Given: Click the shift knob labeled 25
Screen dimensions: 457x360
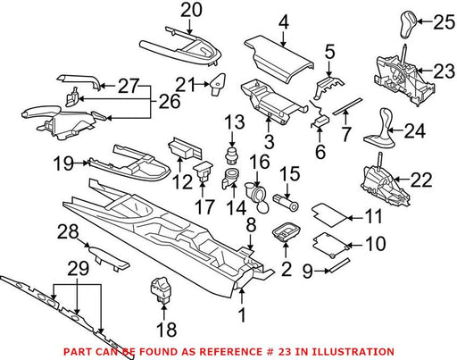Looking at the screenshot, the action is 408,25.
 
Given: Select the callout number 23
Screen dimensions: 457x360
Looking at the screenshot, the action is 444,71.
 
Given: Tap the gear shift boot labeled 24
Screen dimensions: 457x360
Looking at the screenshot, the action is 380,129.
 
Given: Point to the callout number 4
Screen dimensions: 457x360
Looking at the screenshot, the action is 284,21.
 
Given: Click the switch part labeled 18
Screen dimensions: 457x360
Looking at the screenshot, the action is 161,289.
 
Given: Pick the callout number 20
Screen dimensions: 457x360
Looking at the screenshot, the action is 191,10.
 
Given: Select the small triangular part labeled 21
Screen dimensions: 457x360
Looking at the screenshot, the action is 218,85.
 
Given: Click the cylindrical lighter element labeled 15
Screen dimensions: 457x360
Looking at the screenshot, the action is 286,203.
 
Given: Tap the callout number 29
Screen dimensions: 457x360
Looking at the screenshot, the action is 78,269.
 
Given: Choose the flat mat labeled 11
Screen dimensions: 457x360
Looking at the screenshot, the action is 329,213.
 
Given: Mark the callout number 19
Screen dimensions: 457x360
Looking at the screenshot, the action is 63,163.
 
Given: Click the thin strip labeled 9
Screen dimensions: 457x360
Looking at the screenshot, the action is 339,265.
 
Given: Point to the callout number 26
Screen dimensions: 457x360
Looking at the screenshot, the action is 170,101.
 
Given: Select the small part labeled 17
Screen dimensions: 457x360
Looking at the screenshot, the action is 203,172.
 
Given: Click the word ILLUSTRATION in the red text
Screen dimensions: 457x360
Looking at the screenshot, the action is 345,352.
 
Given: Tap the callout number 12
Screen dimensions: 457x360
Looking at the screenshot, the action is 182,181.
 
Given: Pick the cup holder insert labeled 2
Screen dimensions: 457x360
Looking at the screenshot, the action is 286,231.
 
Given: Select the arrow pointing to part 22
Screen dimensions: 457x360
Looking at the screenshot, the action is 402,180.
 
